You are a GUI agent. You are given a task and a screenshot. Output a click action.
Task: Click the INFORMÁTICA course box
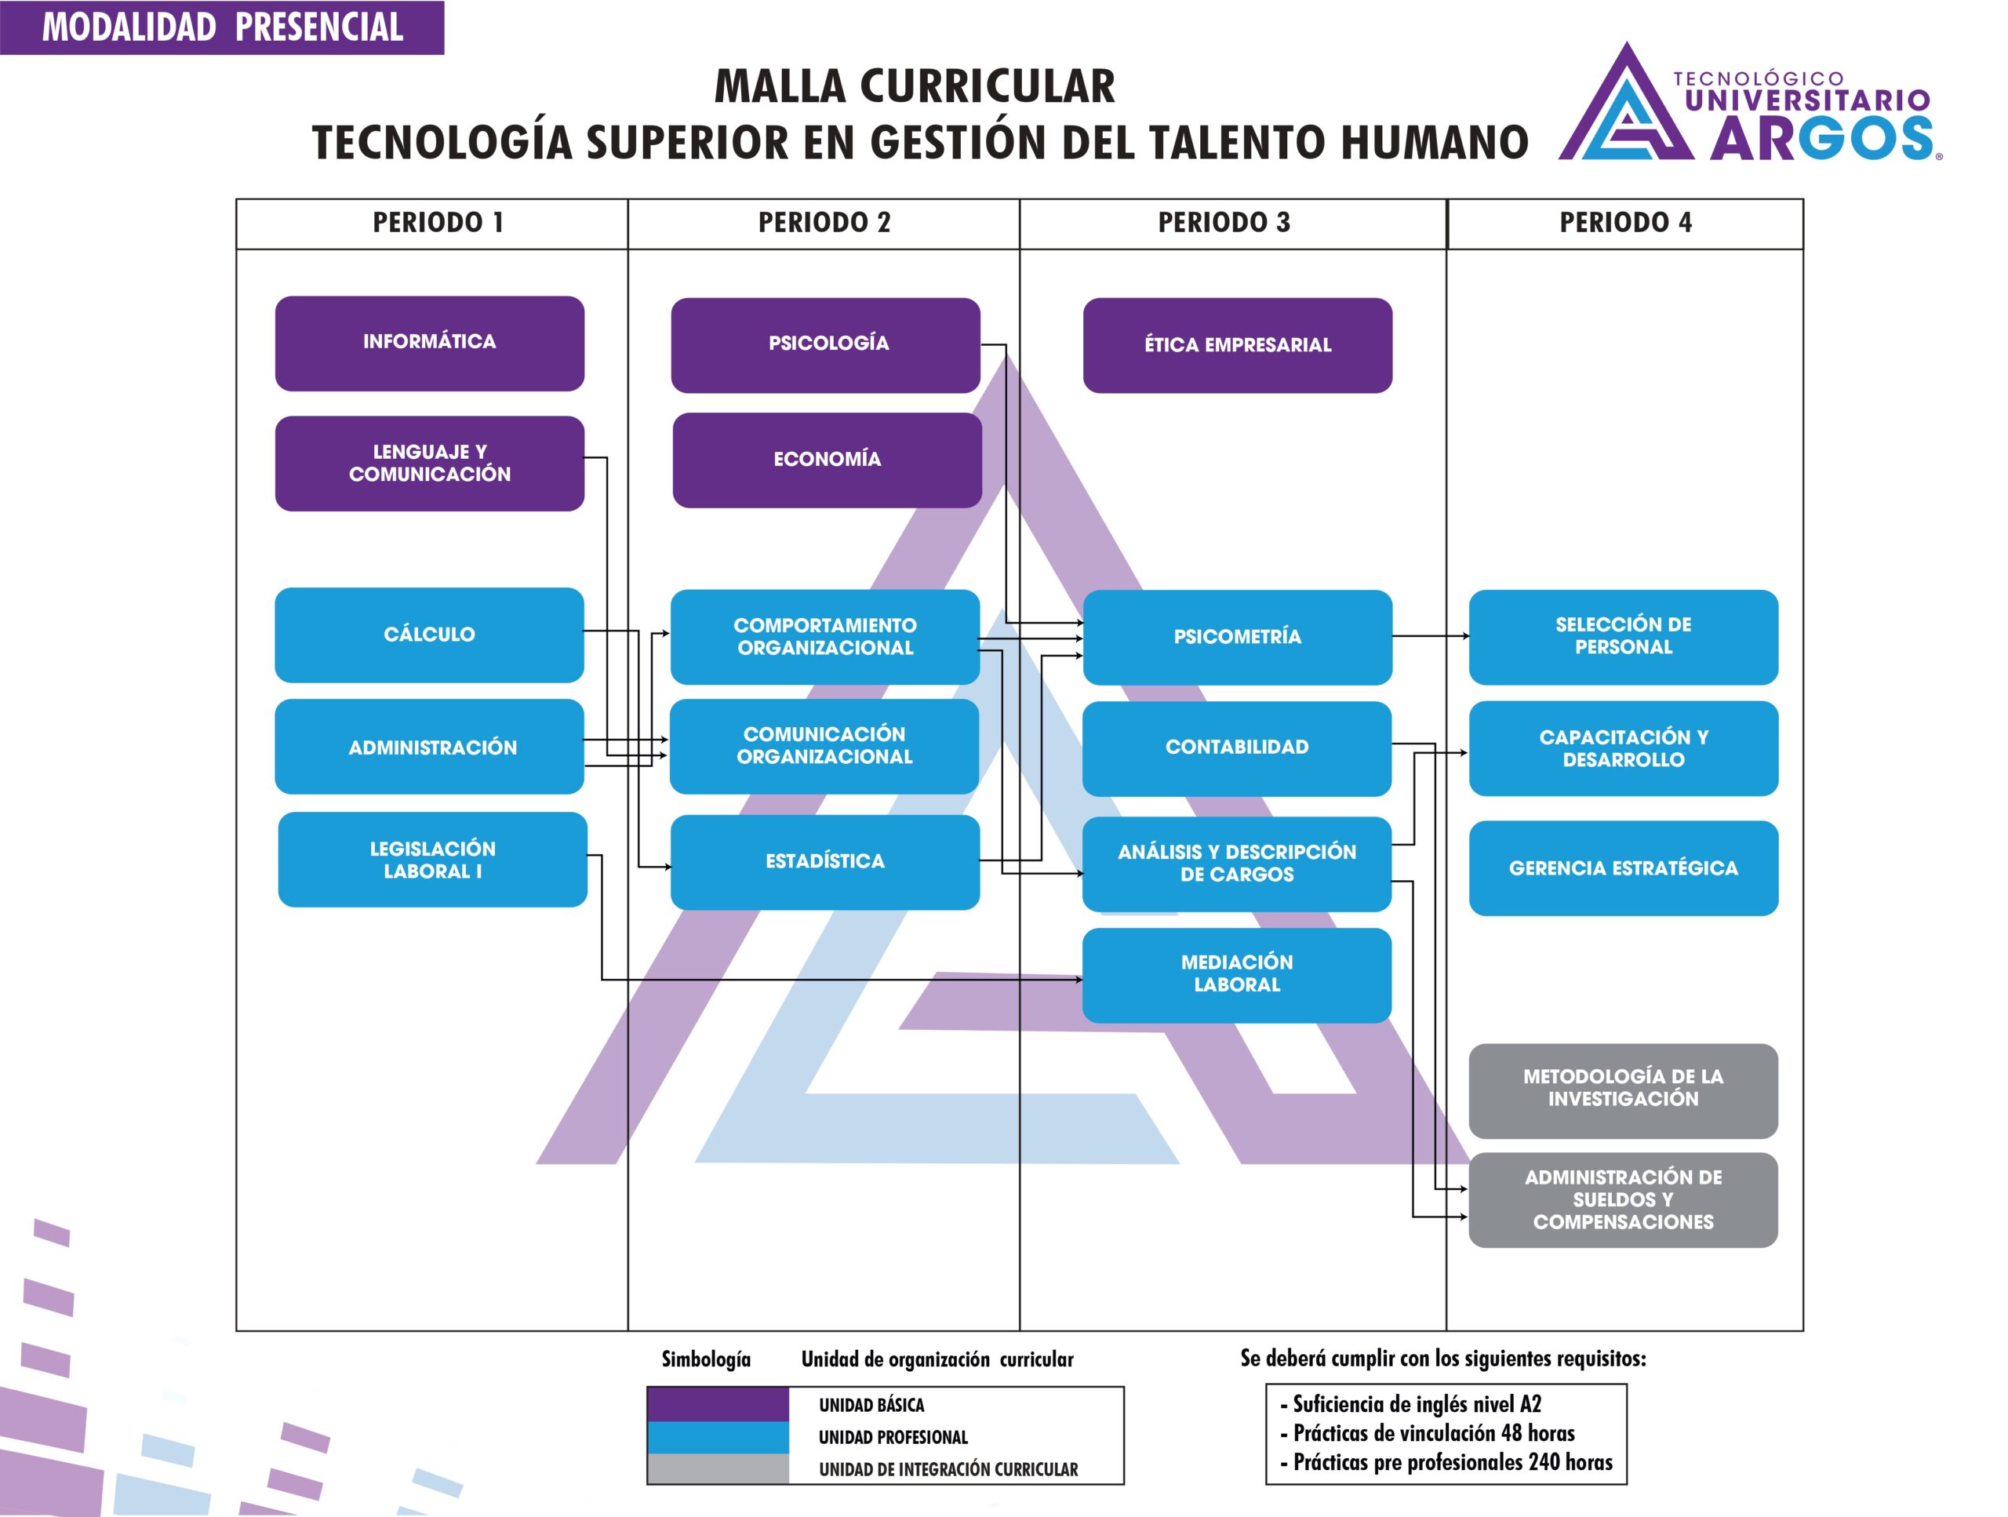click(x=429, y=343)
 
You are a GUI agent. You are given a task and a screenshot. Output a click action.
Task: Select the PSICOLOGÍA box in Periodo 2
click(x=825, y=345)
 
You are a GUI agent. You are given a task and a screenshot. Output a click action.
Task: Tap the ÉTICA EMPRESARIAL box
click(x=1237, y=345)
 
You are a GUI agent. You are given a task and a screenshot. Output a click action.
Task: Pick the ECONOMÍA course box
click(x=827, y=460)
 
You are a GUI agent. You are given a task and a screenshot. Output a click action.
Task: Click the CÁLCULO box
click(x=429, y=635)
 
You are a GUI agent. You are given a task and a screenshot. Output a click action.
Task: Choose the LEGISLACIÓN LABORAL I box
click(x=432, y=859)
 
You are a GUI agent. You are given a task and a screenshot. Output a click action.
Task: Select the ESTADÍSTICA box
click(x=825, y=861)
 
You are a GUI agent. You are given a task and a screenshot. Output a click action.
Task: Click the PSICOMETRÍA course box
click(x=1237, y=637)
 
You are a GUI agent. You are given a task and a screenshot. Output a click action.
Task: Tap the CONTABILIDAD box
click(x=1237, y=748)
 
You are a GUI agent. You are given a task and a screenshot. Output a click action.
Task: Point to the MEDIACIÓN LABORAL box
click(x=1237, y=975)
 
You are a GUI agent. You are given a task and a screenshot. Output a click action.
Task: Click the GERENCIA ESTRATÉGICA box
click(x=1623, y=868)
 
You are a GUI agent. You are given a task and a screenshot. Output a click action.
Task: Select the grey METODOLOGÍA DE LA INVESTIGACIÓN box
click(x=1623, y=1090)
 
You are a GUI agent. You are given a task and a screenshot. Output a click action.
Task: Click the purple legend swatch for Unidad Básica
click(x=718, y=1403)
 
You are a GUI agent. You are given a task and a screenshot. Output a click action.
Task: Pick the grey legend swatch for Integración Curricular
click(x=718, y=1468)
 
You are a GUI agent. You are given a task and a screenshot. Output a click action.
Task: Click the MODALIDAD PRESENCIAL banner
click(x=223, y=27)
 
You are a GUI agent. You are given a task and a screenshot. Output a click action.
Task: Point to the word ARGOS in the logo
click(x=1823, y=138)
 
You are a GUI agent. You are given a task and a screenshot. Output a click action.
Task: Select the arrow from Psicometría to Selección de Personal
click(x=1431, y=635)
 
